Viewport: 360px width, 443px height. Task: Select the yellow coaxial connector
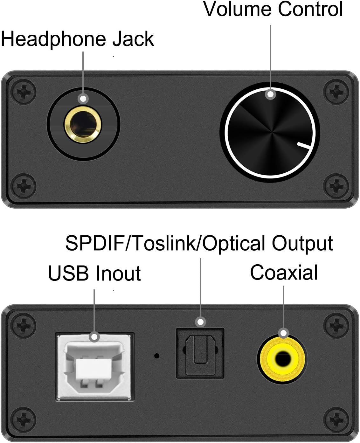click(281, 360)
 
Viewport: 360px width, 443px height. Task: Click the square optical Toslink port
click(200, 353)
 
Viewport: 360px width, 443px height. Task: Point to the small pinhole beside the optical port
click(157, 356)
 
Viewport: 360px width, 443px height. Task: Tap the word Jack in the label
click(134, 39)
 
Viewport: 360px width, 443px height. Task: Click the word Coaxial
click(284, 273)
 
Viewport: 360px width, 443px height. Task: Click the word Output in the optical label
click(302, 244)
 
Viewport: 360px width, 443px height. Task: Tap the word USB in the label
click(68, 273)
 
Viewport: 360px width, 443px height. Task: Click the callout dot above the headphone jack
click(83, 99)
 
